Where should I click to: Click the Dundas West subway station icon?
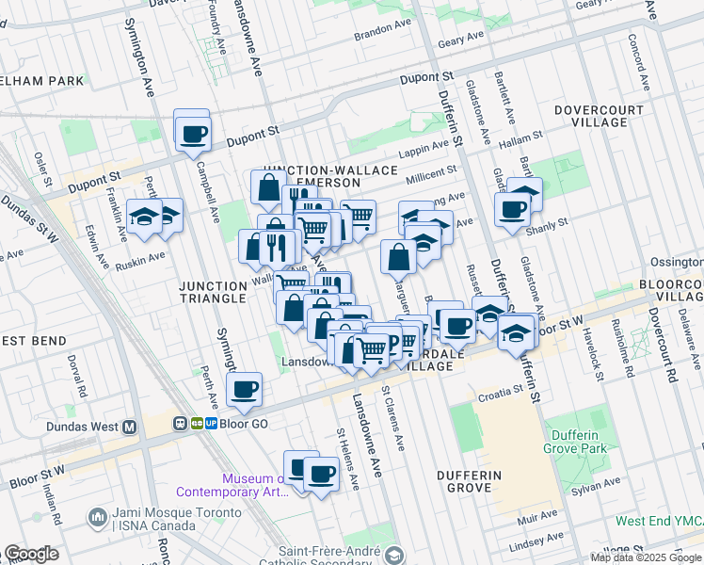pyautogui.click(x=130, y=427)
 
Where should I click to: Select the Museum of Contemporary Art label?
pyautogui.click(x=232, y=485)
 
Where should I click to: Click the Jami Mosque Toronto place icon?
pyautogui.click(x=97, y=517)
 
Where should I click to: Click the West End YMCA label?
pyautogui.click(x=658, y=521)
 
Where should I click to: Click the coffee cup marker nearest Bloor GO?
pyautogui.click(x=245, y=389)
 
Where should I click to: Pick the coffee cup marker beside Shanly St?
pyautogui.click(x=513, y=209)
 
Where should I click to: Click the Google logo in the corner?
pyautogui.click(x=31, y=554)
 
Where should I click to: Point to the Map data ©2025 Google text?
pyautogui.click(x=645, y=557)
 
